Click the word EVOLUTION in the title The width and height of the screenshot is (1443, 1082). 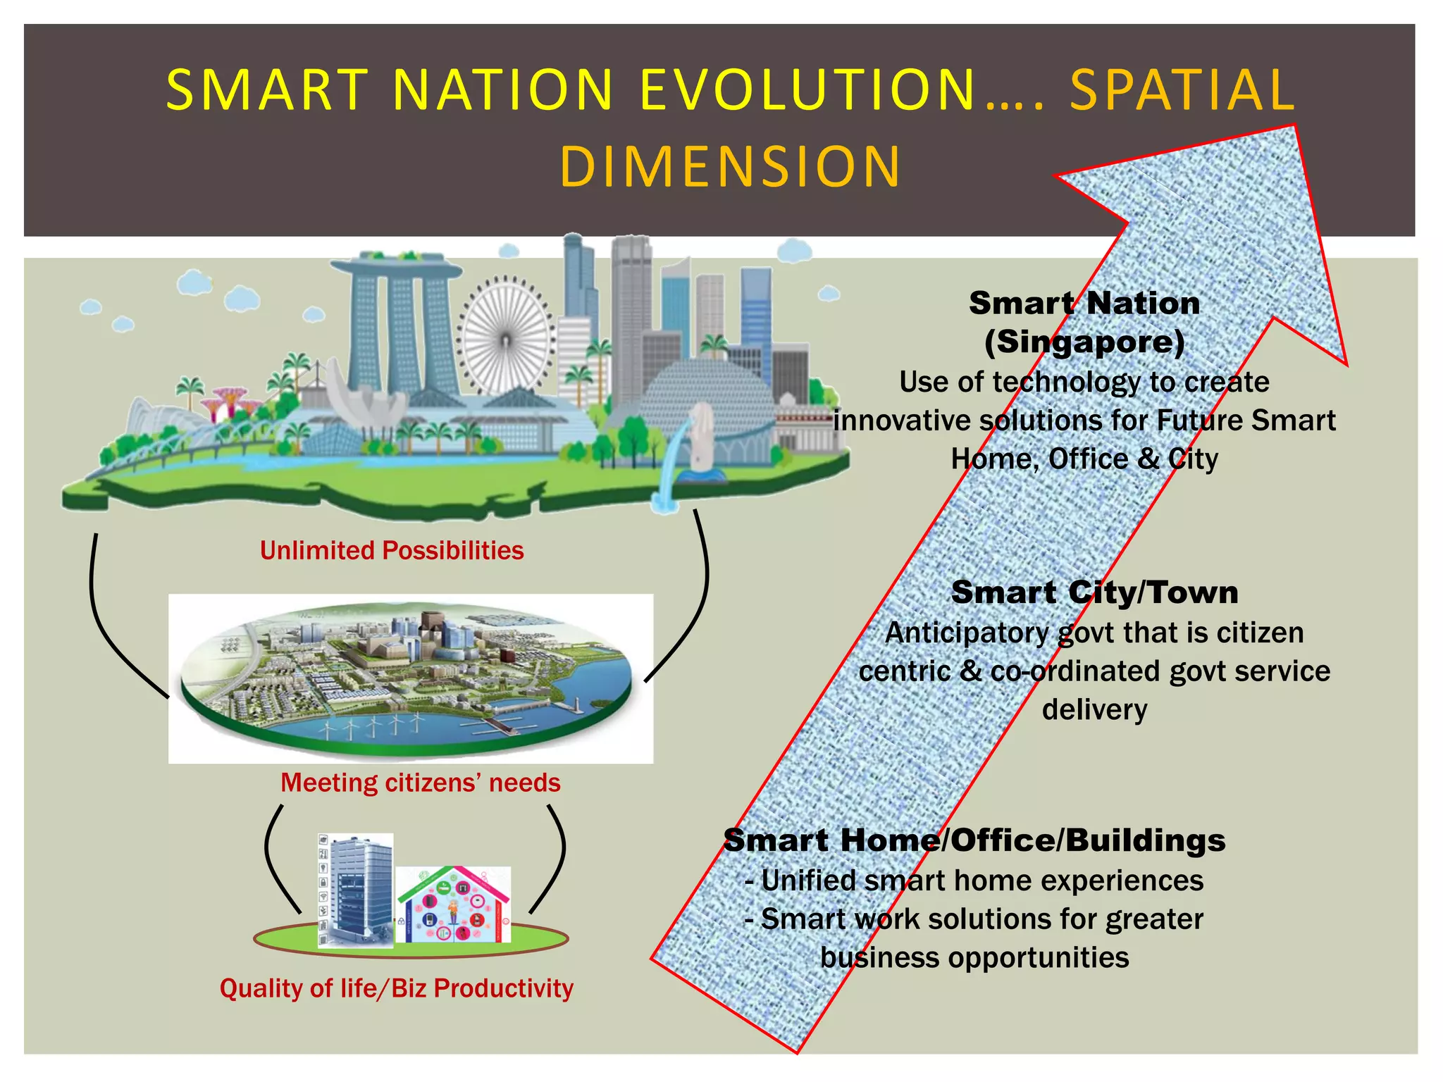807,90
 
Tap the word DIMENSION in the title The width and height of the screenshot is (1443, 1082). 730,167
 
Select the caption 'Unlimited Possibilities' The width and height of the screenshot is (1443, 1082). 392,550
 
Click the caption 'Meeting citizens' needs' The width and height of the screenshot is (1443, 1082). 420,783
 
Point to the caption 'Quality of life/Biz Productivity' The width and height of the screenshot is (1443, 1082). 396,988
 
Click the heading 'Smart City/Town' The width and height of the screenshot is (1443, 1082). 1094,592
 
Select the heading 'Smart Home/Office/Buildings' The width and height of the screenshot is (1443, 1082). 974,840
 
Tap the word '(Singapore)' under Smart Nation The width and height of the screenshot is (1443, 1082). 1084,342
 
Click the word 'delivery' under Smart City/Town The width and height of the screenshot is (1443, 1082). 1094,709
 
